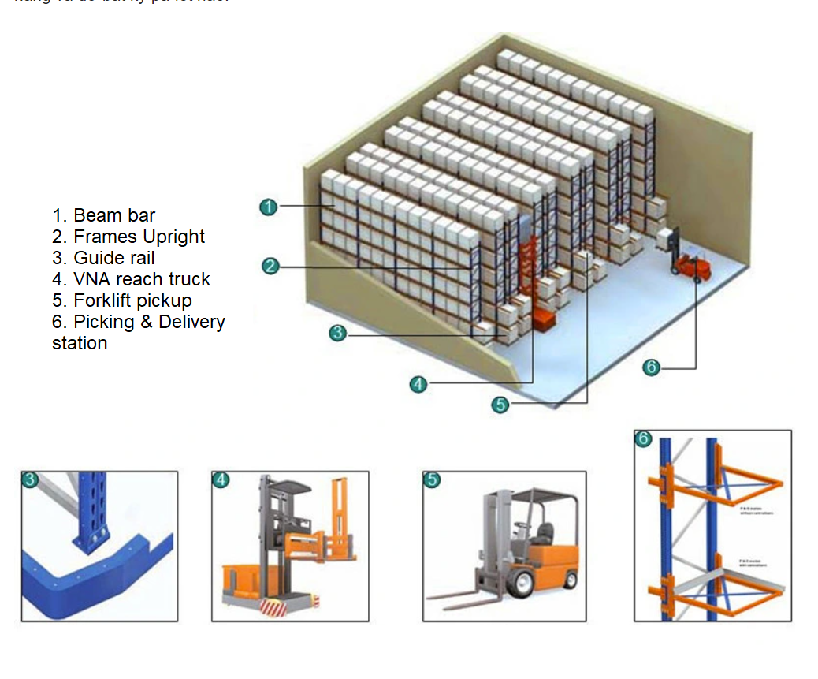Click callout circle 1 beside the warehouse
tap(269, 207)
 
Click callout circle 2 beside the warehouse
tap(270, 267)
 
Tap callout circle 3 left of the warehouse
tap(337, 334)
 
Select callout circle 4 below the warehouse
tap(418, 384)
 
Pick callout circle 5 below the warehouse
tap(500, 405)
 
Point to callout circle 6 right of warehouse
tap(651, 367)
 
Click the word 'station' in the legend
tap(80, 343)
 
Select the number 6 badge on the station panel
tap(644, 438)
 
